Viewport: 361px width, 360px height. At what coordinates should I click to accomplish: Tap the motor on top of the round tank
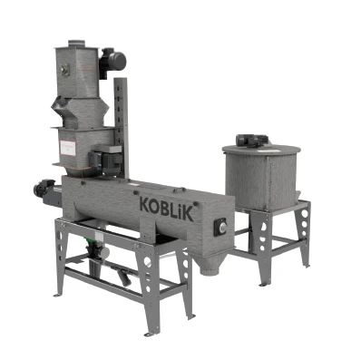[x=250, y=141]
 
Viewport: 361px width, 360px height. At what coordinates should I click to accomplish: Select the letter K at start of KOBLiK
[x=145, y=204]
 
